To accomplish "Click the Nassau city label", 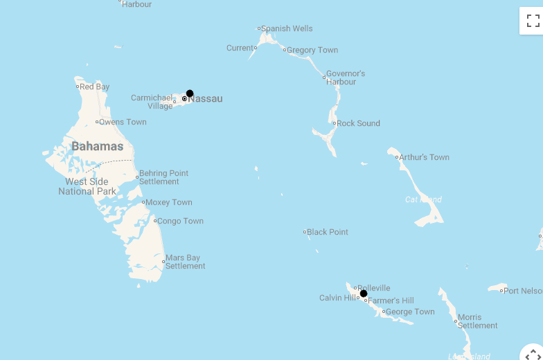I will tap(206, 99).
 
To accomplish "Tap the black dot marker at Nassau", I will tap(190, 93).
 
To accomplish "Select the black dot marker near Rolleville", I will tap(364, 294).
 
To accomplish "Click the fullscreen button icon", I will tap(531, 21).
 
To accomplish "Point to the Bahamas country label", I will tap(97, 146).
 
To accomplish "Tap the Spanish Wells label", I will tap(287, 28).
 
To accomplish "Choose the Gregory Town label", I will tap(312, 50).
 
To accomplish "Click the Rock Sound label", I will tap(358, 123).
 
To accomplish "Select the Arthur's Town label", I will tap(424, 157).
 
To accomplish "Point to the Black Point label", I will tap(328, 232).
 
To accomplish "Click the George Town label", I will tap(410, 312).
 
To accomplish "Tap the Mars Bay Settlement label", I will tap(185, 262).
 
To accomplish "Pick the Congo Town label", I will tap(180, 221).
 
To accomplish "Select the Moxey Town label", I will tap(169, 202).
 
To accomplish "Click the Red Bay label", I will tap(94, 87).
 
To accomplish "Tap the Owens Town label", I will tap(123, 122).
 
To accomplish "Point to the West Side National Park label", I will tap(87, 186).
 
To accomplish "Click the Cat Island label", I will tap(423, 199).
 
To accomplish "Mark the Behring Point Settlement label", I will tap(163, 177).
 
